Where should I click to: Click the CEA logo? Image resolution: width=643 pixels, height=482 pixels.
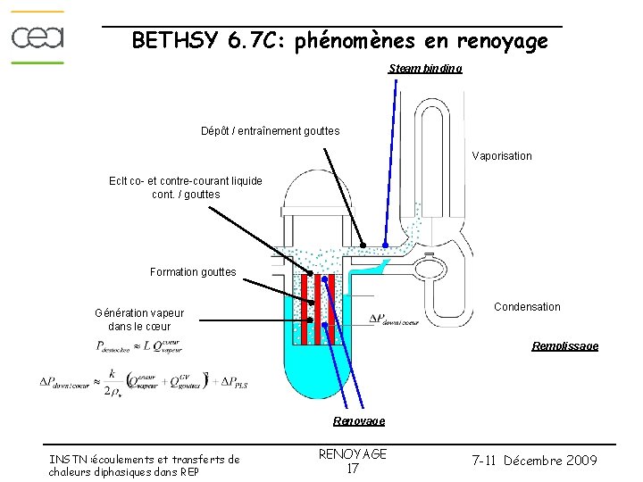point(38,37)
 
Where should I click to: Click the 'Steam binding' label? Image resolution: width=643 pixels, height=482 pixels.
point(425,69)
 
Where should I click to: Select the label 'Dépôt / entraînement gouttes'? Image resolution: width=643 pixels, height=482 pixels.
point(270,131)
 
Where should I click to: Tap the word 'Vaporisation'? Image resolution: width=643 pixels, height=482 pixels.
point(502,156)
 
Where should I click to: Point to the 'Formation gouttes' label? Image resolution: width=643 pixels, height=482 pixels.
point(193,272)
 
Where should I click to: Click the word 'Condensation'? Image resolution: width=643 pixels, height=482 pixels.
point(527,307)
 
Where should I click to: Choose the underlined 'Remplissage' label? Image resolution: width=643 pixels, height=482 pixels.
point(564,345)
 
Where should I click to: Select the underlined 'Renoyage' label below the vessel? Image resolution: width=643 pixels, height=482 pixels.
point(359,420)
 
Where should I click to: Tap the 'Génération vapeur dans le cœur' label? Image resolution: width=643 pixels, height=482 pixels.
point(139,320)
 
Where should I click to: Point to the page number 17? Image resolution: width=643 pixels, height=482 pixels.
point(352,469)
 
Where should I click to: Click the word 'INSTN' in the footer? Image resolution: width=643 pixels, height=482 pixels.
point(70,460)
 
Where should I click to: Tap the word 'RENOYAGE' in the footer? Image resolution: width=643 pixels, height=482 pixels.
point(353,453)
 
